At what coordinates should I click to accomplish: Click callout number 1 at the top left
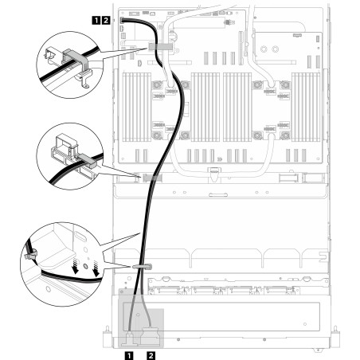click(96, 21)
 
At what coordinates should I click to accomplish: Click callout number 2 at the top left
click(106, 21)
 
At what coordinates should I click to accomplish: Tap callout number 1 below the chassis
click(129, 355)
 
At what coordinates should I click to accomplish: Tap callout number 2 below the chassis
click(151, 355)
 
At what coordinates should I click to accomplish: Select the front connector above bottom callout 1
click(130, 339)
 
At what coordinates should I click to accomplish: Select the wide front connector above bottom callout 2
click(150, 337)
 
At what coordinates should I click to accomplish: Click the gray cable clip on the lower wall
click(142, 266)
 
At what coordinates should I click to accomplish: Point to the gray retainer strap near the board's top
click(161, 46)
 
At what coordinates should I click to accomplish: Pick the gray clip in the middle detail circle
click(87, 160)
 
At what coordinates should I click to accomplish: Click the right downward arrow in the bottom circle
click(96, 268)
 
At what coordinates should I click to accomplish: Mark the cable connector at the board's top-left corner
click(123, 20)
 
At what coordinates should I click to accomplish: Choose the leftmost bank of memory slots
click(136, 108)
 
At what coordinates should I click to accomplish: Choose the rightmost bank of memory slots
click(306, 108)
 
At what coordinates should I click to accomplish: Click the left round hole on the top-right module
click(264, 49)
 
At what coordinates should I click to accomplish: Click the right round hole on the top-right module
click(276, 49)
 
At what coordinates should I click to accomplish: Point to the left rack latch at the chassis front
click(107, 338)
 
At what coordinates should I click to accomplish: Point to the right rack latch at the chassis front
click(336, 338)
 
